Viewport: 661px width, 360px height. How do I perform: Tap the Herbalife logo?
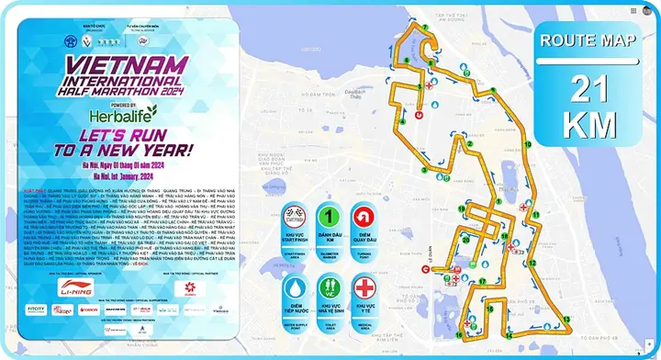pyautogui.click(x=124, y=114)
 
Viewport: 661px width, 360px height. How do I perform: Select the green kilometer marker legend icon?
pyautogui.click(x=329, y=220)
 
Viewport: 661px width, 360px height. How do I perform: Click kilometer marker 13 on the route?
pyautogui.click(x=566, y=318)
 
